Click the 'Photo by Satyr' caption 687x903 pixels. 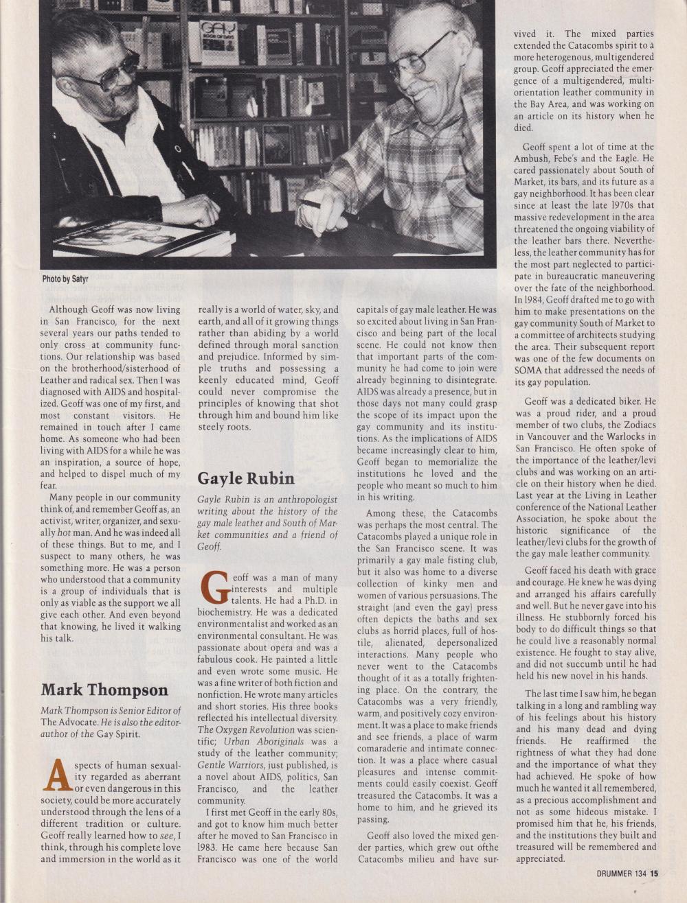click(x=65, y=279)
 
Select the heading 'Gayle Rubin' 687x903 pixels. click(x=245, y=478)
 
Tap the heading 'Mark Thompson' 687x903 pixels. click(x=104, y=690)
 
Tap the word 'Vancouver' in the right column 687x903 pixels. click(x=555, y=436)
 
